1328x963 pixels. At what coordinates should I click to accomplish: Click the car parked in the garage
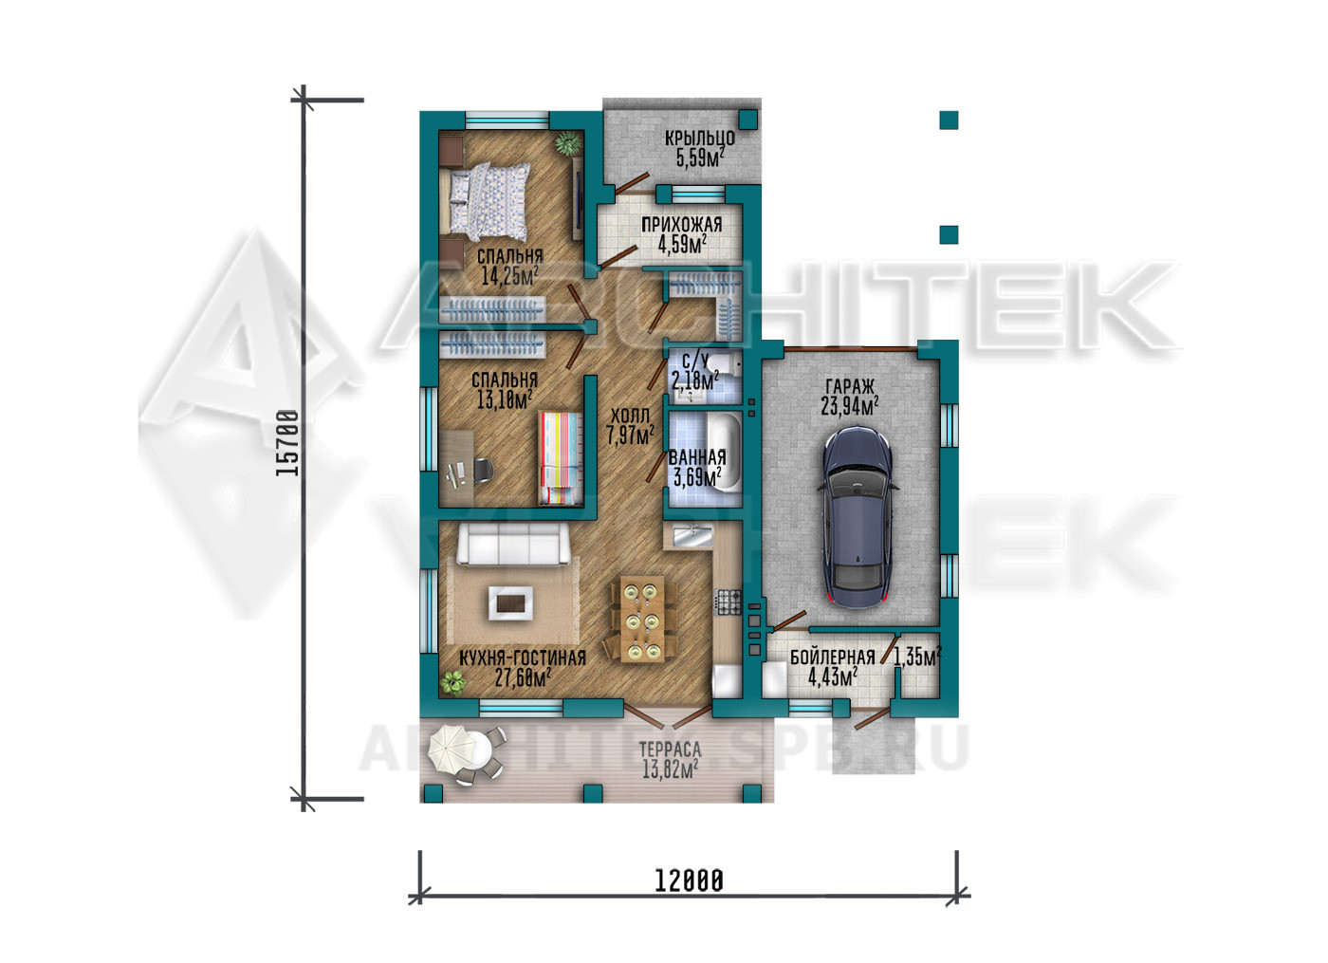pos(857,517)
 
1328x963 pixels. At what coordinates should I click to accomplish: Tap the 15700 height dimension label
pos(287,442)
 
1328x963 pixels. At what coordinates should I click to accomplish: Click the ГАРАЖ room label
pos(850,387)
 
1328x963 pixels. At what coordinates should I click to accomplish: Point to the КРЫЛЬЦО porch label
pos(700,139)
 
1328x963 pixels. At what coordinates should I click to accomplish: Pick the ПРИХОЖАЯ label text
pos(682,225)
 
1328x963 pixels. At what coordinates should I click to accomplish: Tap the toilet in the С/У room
pos(727,363)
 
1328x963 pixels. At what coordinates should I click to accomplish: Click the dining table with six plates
pos(643,619)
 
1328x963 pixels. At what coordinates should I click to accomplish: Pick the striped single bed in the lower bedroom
pos(561,458)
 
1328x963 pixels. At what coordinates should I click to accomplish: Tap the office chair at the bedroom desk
pos(483,471)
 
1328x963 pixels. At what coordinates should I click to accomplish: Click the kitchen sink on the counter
pos(692,536)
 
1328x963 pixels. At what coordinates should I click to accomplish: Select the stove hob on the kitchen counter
pos(729,602)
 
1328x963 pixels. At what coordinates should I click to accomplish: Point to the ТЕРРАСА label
pos(670,750)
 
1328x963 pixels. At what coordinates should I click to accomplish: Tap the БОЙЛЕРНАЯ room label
pos(833,657)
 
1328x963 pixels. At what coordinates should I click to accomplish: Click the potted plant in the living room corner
pos(453,683)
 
